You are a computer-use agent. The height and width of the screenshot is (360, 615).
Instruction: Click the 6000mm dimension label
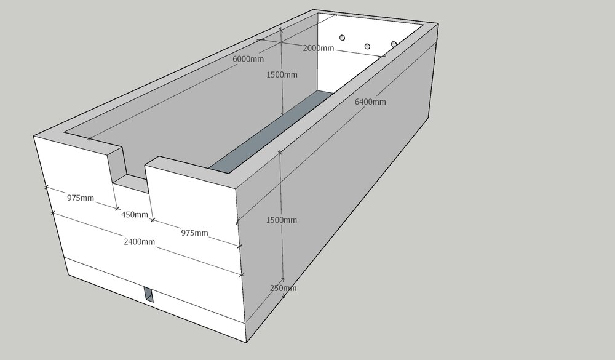(248, 59)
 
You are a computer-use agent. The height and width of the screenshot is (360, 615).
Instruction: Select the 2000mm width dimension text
(318, 48)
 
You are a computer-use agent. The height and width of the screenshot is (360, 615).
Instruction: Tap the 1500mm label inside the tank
(282, 74)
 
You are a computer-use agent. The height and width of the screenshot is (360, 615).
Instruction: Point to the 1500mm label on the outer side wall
(281, 220)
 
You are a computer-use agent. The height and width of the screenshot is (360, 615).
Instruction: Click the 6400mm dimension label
(370, 102)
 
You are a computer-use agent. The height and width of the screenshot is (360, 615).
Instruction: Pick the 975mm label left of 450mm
(81, 198)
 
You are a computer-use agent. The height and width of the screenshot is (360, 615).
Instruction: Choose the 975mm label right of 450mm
(194, 233)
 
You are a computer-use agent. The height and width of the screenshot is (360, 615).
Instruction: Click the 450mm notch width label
(135, 215)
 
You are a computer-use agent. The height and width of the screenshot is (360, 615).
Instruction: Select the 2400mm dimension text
(139, 242)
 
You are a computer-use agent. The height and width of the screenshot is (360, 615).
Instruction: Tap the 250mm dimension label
(283, 288)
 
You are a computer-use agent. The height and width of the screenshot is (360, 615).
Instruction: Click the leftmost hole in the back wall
(342, 38)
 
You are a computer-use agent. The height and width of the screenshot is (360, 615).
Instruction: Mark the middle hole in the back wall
(367, 46)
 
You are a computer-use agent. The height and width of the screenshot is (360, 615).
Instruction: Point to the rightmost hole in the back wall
(394, 44)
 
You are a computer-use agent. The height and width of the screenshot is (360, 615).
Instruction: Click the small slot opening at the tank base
(149, 294)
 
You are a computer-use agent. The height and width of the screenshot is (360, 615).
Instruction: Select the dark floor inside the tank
(271, 132)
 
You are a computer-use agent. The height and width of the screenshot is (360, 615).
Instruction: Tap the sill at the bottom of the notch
(131, 183)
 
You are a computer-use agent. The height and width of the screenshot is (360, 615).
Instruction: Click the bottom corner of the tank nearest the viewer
(247, 343)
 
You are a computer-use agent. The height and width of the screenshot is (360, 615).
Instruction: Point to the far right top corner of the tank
(438, 24)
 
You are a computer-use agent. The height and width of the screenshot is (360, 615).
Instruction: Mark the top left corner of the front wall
(34, 136)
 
